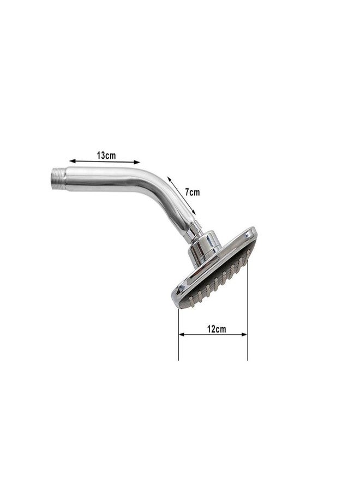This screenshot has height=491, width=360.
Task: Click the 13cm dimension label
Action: pyautogui.click(x=107, y=155)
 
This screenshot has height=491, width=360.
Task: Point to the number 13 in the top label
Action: pyautogui.click(x=102, y=155)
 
